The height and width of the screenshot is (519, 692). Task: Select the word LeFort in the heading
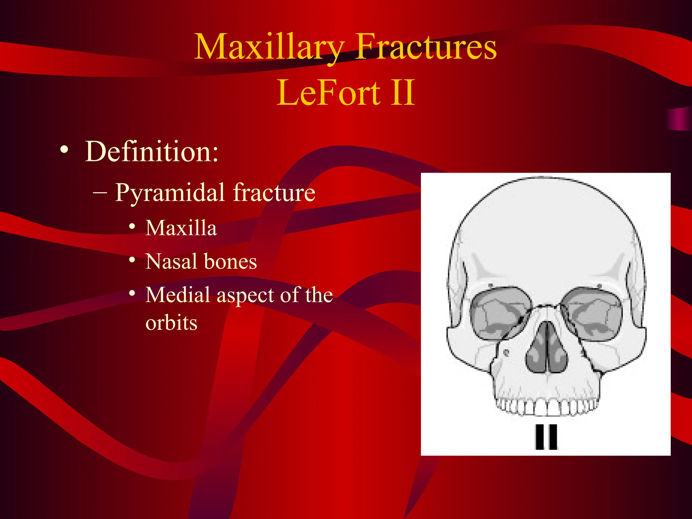click(328, 93)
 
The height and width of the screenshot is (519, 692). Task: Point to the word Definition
click(152, 152)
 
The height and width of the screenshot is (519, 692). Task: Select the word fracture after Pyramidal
click(274, 193)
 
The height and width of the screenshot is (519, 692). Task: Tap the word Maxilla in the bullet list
click(181, 228)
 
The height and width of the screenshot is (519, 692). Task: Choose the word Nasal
click(171, 262)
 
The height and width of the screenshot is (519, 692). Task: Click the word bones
click(230, 262)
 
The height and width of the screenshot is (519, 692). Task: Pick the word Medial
click(178, 295)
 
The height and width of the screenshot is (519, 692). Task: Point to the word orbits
click(171, 323)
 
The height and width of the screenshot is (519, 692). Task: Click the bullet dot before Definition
click(64, 149)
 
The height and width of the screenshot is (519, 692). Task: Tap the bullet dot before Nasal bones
click(132, 260)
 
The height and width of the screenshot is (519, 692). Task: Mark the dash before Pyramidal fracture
click(100, 193)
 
